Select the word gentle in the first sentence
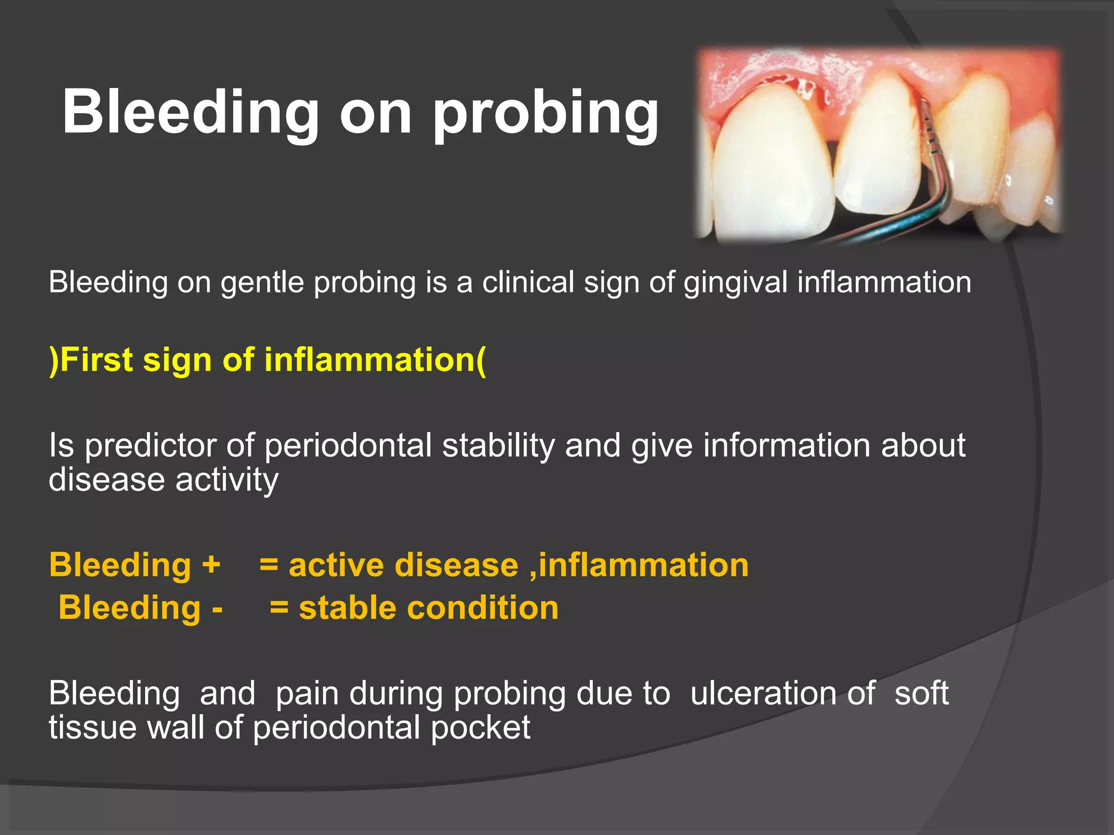tap(262, 283)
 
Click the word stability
tap(498, 446)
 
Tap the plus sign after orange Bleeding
tap(211, 564)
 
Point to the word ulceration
tap(783, 694)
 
